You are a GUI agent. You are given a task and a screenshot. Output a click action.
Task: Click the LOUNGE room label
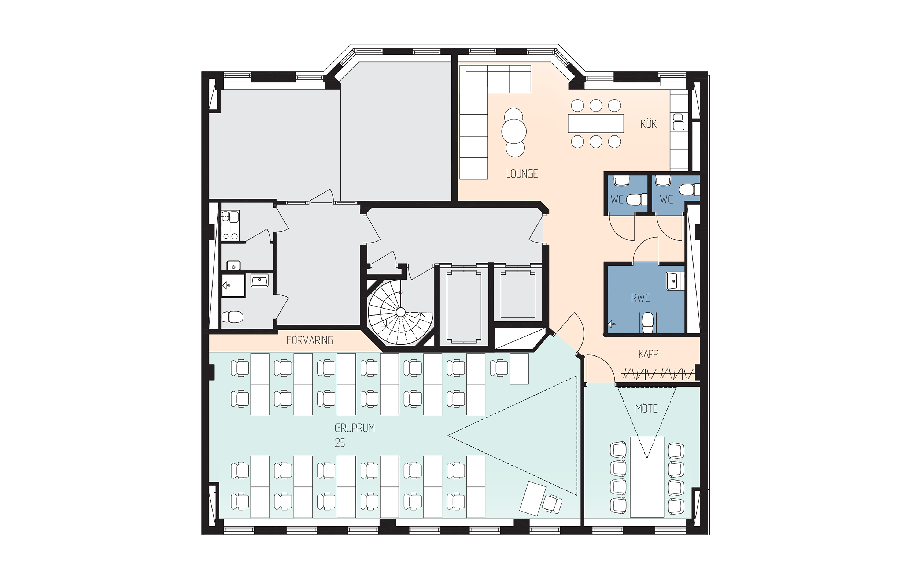[x=521, y=174]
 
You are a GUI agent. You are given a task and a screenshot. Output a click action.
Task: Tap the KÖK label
[x=648, y=124]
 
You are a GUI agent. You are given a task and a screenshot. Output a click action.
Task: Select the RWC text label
[x=640, y=298]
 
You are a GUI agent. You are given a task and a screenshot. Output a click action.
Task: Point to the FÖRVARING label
[x=310, y=340]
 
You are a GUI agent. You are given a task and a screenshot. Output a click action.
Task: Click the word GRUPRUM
[x=355, y=428]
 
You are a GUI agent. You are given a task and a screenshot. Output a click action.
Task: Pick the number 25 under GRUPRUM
[x=340, y=443]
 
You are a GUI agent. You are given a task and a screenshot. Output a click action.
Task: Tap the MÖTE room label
[x=646, y=408]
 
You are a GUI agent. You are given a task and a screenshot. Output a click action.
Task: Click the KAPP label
[x=648, y=354]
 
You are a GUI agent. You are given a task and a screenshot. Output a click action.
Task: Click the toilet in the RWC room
[x=647, y=323]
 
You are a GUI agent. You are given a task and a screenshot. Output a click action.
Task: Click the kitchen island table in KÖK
[x=596, y=123]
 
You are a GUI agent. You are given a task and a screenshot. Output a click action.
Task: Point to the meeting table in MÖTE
[x=647, y=477]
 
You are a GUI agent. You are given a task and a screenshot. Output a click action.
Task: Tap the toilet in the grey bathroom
[x=232, y=317]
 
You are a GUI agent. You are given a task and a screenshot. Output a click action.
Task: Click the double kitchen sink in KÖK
[x=679, y=122]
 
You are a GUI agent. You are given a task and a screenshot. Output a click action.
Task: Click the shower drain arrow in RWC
[x=611, y=324]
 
